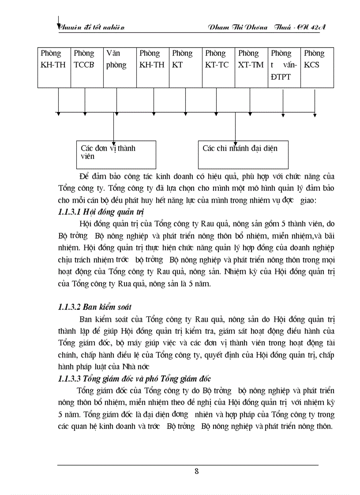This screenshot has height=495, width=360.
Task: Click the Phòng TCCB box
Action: pos(86,66)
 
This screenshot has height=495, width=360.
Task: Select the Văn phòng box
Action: pos(119,66)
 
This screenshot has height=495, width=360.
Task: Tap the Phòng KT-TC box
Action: pos(218,66)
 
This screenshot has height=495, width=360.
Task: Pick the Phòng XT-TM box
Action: pos(251,66)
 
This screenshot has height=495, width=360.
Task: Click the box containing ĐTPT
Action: pos(284,66)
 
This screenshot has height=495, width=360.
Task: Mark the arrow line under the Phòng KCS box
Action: pos(315,101)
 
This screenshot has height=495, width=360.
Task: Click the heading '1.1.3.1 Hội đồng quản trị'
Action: pos(95,212)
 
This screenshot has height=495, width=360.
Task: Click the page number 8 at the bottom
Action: pos(196,471)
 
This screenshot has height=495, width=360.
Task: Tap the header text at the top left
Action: pos(92,28)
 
